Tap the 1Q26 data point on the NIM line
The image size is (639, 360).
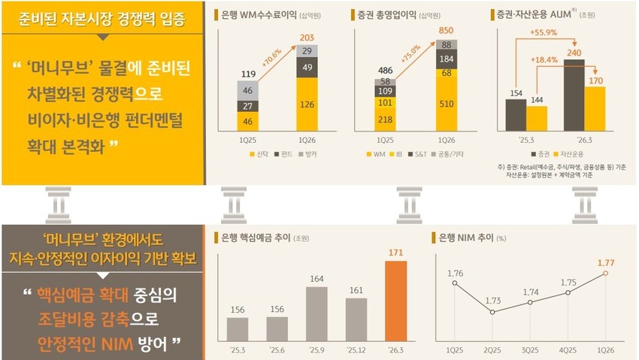click(x=605, y=274)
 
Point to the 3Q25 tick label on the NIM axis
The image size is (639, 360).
click(x=529, y=350)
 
